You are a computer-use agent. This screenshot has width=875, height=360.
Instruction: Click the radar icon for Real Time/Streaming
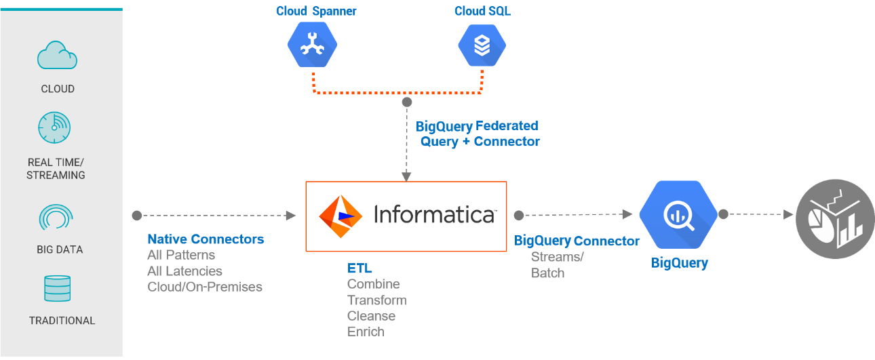click(x=54, y=127)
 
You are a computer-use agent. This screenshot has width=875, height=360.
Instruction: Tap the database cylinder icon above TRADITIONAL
click(x=57, y=289)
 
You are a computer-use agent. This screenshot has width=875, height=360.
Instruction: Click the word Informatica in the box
click(x=434, y=215)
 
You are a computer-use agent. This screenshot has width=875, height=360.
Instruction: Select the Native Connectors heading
click(x=206, y=239)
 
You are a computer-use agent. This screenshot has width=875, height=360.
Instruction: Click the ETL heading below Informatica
click(x=359, y=268)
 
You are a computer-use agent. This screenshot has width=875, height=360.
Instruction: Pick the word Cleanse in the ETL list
click(x=371, y=316)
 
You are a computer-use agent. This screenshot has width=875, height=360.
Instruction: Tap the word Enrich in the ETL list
click(x=366, y=332)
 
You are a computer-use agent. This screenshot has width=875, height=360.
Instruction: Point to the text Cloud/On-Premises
click(x=205, y=287)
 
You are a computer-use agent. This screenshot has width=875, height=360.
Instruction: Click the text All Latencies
click(x=184, y=271)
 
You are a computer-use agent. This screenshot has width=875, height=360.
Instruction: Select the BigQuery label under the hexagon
click(x=679, y=264)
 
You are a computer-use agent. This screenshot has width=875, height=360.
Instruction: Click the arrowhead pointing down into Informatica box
click(x=406, y=176)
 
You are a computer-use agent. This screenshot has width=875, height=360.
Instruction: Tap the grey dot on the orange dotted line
click(x=406, y=102)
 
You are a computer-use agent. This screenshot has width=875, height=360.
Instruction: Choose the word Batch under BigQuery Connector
click(x=547, y=273)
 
